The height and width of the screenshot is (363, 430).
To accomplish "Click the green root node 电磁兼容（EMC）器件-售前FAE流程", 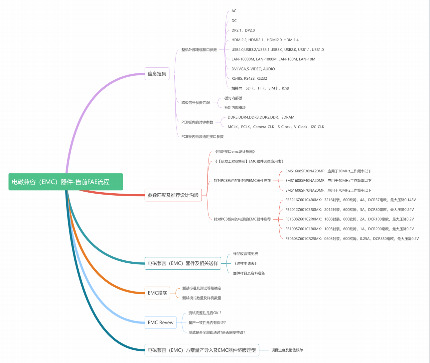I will pos(66,182).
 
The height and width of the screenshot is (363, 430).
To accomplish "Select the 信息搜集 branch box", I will pos(157,74).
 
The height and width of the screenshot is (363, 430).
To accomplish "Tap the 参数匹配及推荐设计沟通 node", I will pos(173,195).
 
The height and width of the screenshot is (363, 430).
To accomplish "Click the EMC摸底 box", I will pos(157,293).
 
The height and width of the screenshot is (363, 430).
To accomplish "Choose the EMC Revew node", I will pos(161,322).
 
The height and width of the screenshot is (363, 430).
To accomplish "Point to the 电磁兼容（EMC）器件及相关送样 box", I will pos(183,263).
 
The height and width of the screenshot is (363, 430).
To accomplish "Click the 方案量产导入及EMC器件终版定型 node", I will pos(202,350).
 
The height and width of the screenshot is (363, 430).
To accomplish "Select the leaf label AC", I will pos(234,11).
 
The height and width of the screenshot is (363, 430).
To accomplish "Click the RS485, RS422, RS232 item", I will pos(249,78).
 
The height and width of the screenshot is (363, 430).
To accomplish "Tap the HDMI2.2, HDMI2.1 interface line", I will pos(265,40).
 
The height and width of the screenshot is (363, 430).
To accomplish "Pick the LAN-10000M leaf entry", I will pos(273,59).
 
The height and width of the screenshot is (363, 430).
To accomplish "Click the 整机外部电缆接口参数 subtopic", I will pos(199,50).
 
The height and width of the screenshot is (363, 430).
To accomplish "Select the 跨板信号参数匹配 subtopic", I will pos(196,103).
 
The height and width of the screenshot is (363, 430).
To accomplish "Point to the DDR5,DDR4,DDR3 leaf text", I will pos(261,117).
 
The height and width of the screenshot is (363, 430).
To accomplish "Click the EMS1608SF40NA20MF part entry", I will pos(328,181).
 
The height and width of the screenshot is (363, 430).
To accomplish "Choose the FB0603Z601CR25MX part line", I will pos(352,238).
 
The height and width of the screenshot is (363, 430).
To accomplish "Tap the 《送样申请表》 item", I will pos(245,263).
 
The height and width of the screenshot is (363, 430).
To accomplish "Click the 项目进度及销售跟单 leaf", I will pos(287,350).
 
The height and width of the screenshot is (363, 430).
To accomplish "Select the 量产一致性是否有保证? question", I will pos(207,322).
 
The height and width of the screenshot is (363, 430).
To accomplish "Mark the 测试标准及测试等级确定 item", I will pos(202,288).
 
